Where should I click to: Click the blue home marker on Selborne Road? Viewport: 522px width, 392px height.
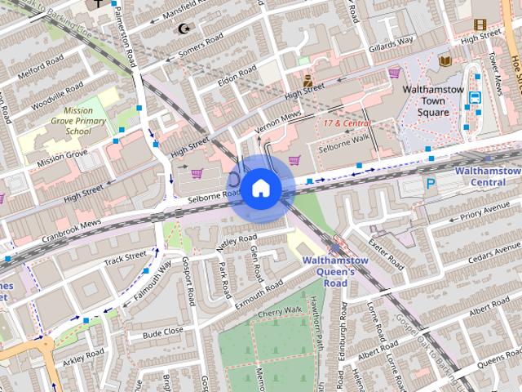[260, 188]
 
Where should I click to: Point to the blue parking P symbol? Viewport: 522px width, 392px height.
[431, 185]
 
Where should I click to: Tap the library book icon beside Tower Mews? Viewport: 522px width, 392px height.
[445, 60]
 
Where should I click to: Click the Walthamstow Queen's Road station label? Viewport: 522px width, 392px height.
[336, 272]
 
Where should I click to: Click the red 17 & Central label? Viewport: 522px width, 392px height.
[347, 123]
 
